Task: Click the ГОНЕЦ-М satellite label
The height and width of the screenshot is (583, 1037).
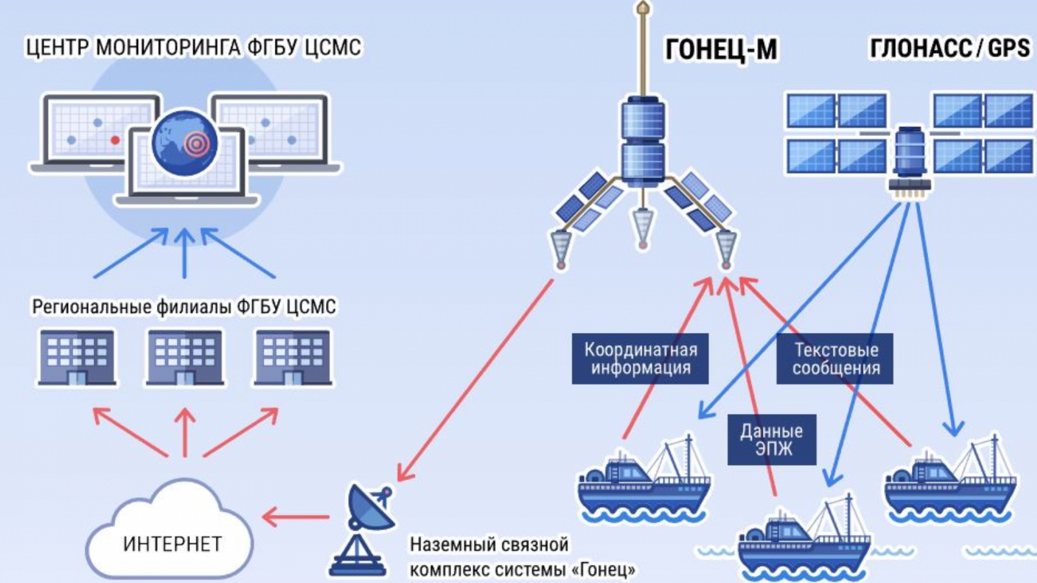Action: coord(721,49)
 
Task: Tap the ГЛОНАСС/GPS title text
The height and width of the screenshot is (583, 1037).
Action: coord(950,48)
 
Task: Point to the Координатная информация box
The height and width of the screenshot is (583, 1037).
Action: coord(640,359)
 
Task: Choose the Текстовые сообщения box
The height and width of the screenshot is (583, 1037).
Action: coord(835,359)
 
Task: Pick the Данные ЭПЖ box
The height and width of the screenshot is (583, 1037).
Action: coord(771,440)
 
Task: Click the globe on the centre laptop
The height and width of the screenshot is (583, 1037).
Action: coord(185,143)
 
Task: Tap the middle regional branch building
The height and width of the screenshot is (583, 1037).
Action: coord(185,358)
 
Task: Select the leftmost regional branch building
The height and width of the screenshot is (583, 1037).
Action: coord(77,358)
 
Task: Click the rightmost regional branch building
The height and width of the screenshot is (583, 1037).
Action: coord(293,358)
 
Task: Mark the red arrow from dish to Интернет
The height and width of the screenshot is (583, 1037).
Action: coord(296,517)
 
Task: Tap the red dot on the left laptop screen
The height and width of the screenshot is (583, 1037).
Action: coord(115,140)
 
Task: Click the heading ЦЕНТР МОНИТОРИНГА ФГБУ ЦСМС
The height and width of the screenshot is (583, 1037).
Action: coord(193,47)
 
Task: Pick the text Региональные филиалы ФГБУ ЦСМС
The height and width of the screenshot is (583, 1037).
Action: coord(184,306)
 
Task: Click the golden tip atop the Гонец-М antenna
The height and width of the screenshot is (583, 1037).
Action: coord(643,8)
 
